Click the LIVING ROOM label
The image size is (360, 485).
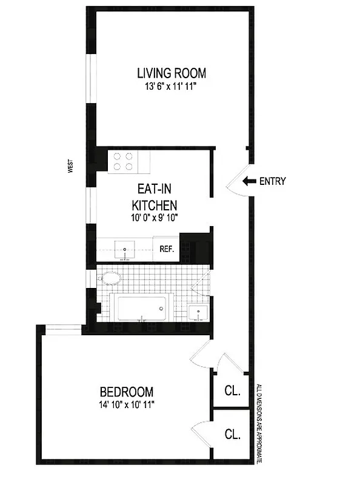(x=172, y=73)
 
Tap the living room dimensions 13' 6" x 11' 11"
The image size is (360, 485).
(x=172, y=87)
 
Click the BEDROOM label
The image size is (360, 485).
(x=127, y=392)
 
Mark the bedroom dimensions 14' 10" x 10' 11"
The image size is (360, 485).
(x=127, y=405)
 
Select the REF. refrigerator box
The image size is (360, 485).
(x=167, y=249)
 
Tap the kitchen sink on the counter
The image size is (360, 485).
(x=125, y=250)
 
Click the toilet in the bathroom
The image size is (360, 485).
(x=110, y=278)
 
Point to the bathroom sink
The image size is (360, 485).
(x=198, y=313)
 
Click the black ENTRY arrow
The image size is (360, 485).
(x=248, y=181)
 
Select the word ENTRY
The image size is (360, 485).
(x=272, y=181)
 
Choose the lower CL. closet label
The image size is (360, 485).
(x=232, y=434)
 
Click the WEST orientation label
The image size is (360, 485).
(x=71, y=166)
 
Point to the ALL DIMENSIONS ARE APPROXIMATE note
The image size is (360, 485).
(x=259, y=424)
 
